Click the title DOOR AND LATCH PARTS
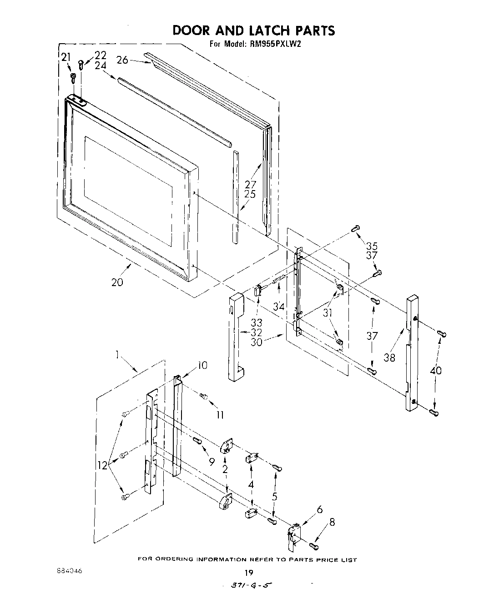253,30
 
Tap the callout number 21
66,57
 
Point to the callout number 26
122,60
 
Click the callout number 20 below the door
117,282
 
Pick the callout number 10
202,365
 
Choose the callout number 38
389,357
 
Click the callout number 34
279,307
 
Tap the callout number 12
102,465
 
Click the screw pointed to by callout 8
314,545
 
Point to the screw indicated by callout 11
204,397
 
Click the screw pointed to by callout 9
197,440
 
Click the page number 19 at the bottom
248,573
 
